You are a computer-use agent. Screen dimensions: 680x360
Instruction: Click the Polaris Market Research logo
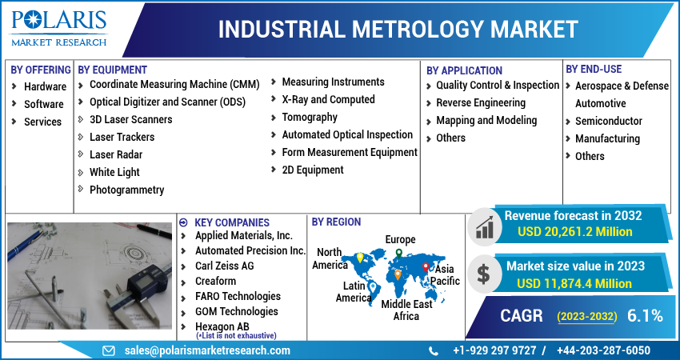pyautogui.click(x=59, y=28)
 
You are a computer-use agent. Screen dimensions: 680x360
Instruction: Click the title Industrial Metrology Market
pyautogui.click(x=398, y=30)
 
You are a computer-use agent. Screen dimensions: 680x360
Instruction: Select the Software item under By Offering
pyautogui.click(x=44, y=104)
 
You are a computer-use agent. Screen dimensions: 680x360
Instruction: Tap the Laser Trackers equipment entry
pyautogui.click(x=122, y=137)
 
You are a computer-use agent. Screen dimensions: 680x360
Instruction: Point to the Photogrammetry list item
pyautogui.click(x=126, y=190)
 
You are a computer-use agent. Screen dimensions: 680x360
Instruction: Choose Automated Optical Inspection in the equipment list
pyautogui.click(x=347, y=135)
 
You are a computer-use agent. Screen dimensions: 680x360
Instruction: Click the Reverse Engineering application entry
pyautogui.click(x=481, y=102)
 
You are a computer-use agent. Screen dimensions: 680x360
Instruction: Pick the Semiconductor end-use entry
pyautogui.click(x=609, y=121)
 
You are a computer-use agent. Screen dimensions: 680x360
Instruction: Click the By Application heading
pyautogui.click(x=464, y=70)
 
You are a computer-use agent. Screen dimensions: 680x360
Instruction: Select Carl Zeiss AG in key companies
pyautogui.click(x=224, y=266)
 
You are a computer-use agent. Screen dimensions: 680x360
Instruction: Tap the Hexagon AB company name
pyautogui.click(x=222, y=326)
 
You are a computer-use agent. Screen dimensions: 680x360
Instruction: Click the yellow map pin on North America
pyautogui.click(x=359, y=258)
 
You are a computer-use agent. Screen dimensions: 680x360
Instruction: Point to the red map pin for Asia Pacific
pyautogui.click(x=426, y=268)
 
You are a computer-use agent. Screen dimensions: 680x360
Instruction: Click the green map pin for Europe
pyautogui.click(x=399, y=254)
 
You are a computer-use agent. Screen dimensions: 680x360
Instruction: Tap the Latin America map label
pyautogui.click(x=354, y=292)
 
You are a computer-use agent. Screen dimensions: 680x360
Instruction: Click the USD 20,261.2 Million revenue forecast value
pyautogui.click(x=574, y=232)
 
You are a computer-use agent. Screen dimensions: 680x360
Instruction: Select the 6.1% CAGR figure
pyautogui.click(x=645, y=316)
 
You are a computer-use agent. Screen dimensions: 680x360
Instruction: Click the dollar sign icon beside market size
pyautogui.click(x=483, y=274)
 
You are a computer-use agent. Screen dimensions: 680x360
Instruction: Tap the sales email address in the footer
pyautogui.click(x=207, y=350)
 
